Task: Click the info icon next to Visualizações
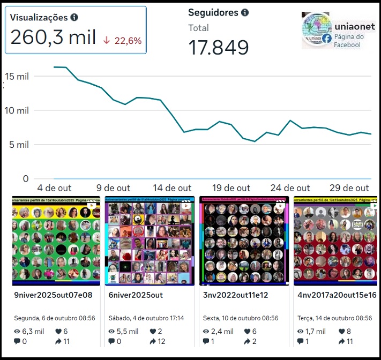(x=74, y=17)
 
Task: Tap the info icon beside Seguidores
(x=245, y=12)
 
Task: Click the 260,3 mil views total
(x=53, y=37)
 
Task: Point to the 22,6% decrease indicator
(x=122, y=40)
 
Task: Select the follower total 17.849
(x=219, y=47)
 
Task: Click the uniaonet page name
(x=355, y=26)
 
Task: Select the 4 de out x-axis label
(x=54, y=188)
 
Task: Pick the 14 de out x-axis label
(x=172, y=188)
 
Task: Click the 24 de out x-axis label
(x=290, y=188)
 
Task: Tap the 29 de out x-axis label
(x=349, y=188)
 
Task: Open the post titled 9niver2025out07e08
(x=53, y=295)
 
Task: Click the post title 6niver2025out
(x=136, y=295)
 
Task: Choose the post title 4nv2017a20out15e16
(x=337, y=295)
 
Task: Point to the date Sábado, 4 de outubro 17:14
(x=146, y=318)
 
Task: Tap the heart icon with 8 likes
(x=341, y=331)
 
